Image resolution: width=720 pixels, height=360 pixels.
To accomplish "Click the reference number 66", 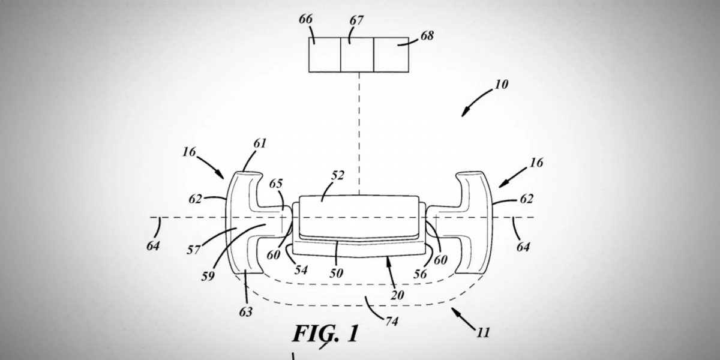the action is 305,19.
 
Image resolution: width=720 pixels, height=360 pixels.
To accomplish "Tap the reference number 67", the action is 356,20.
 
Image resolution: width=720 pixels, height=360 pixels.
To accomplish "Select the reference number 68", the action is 427,35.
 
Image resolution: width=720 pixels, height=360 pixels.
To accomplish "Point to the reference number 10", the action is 502,85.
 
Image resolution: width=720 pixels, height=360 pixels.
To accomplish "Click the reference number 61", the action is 260,143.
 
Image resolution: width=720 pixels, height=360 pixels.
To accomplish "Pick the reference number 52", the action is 337,175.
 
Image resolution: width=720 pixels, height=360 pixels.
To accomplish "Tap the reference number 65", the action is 276,184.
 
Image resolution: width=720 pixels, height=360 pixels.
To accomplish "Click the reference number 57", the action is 194,250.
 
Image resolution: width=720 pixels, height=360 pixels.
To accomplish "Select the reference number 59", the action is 208,276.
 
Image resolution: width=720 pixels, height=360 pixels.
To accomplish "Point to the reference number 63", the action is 245,312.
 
